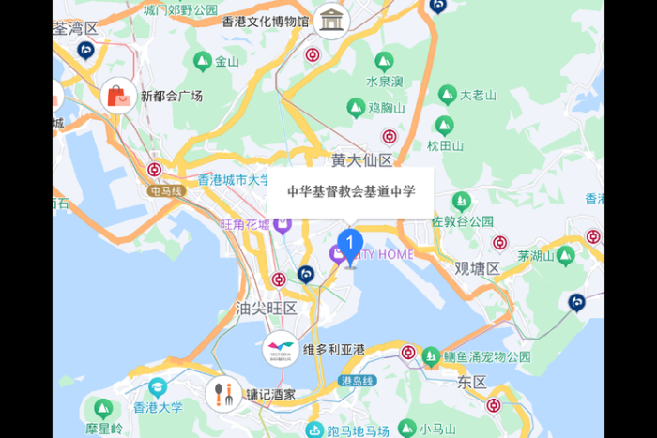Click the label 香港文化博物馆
(266, 21)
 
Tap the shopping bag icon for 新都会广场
(118, 96)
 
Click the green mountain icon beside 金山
(201, 62)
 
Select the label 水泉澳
(384, 82)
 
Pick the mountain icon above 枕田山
(445, 126)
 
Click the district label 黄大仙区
(362, 160)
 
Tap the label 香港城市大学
(234, 178)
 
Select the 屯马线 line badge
(167, 190)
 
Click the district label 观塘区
(478, 268)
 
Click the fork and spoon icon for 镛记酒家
(222, 395)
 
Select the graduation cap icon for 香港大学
(157, 387)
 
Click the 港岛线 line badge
(358, 381)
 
